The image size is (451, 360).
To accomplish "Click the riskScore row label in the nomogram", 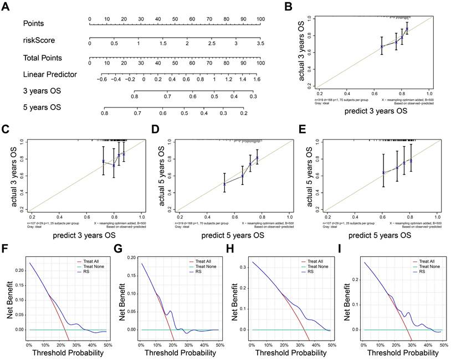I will click(39, 40).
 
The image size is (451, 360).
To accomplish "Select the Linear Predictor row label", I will click(50, 74).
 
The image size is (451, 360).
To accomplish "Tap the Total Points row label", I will click(43, 58).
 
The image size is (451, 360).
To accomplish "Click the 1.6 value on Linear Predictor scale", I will click(257, 79).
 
